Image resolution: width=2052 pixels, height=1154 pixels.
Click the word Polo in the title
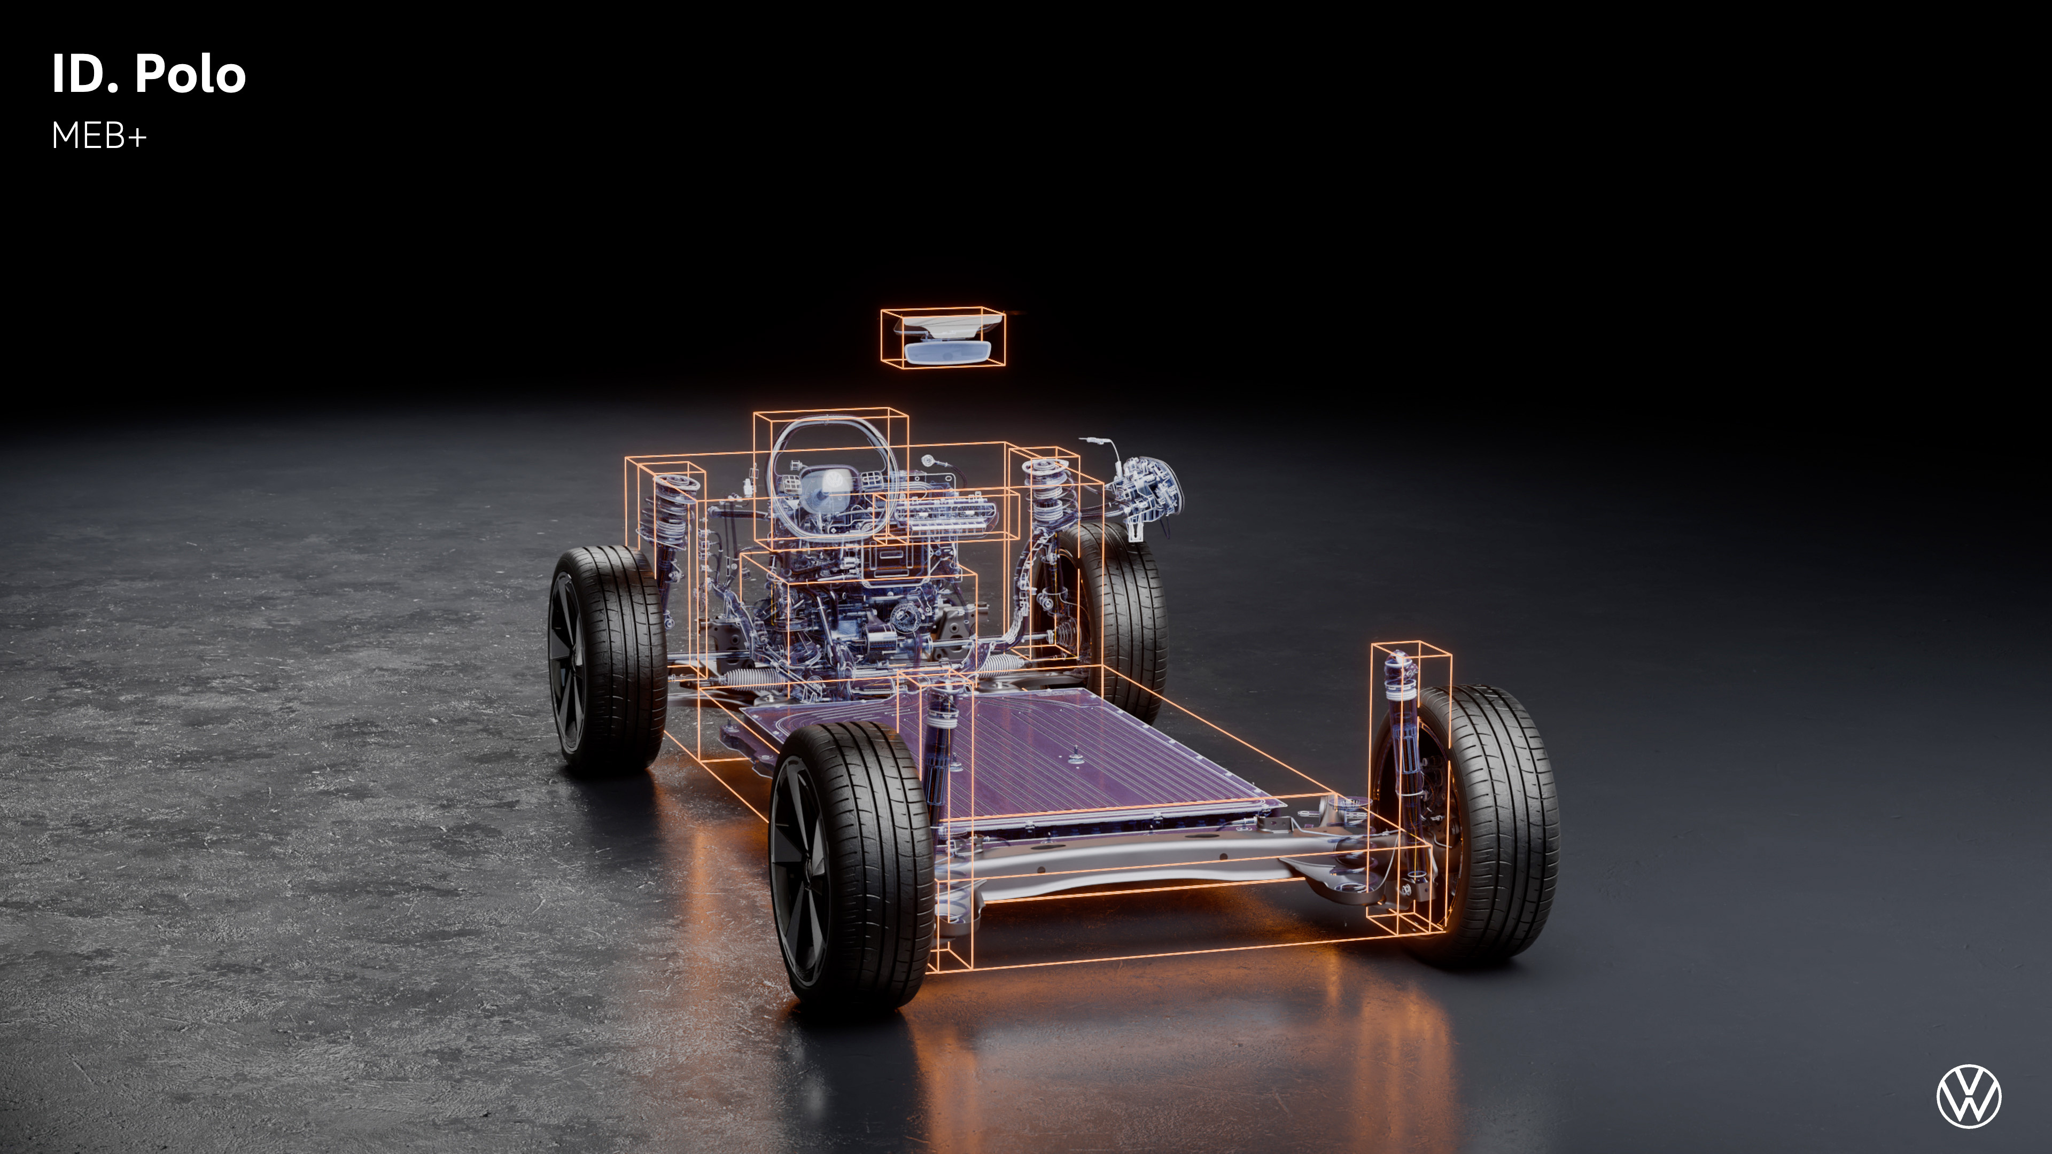[190, 74]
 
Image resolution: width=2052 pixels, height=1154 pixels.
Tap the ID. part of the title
[85, 74]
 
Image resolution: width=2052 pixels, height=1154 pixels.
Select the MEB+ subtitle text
[99, 136]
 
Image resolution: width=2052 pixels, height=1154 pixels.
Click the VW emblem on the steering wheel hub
[833, 480]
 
